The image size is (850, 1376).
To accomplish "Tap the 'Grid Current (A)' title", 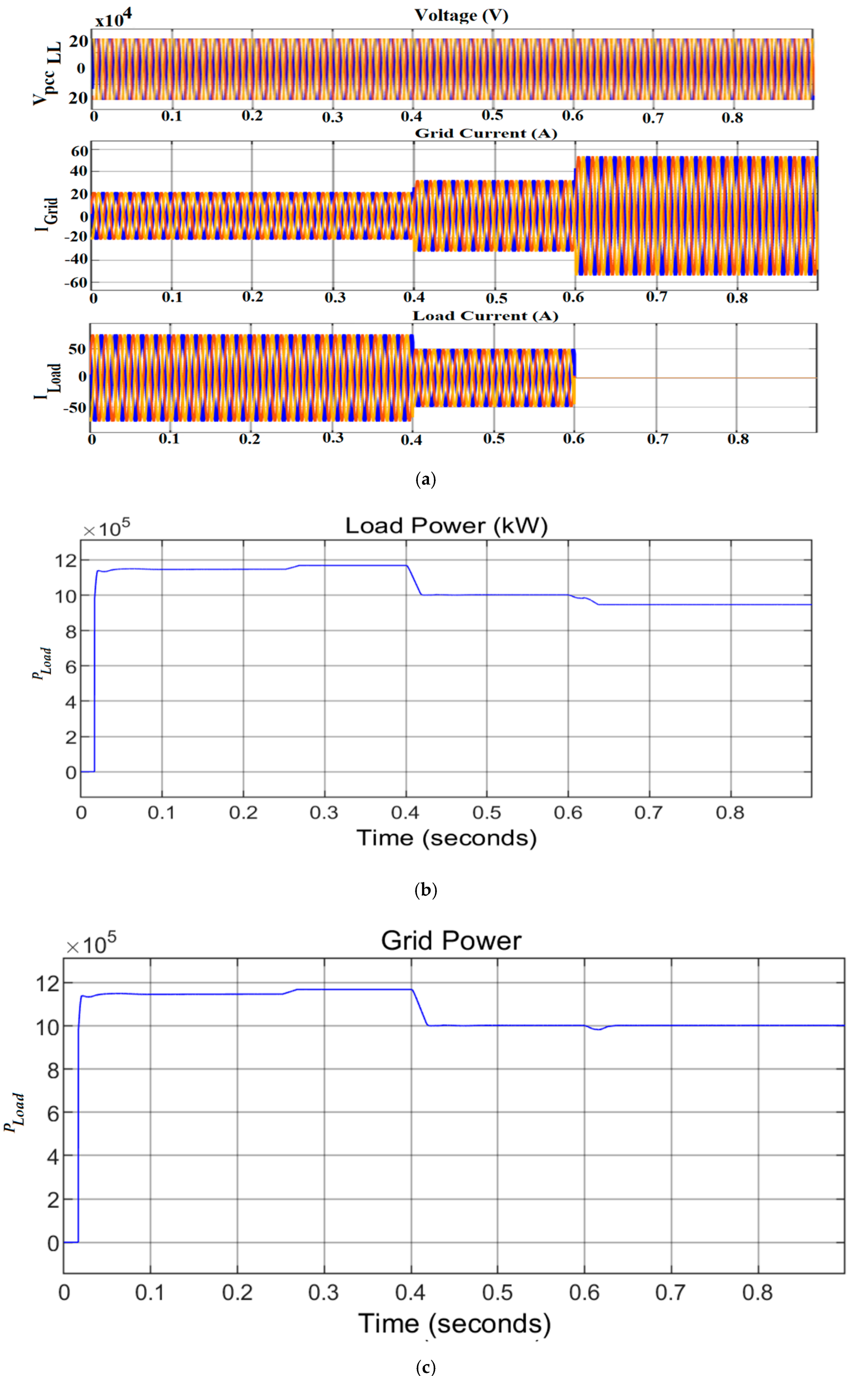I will (486, 133).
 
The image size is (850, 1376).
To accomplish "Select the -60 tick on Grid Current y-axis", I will (76, 282).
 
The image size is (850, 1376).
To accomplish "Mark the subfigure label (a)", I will (425, 479).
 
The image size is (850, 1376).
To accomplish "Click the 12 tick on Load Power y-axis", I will (65, 560).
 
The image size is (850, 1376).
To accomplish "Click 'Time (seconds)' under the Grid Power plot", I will (454, 1324).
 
